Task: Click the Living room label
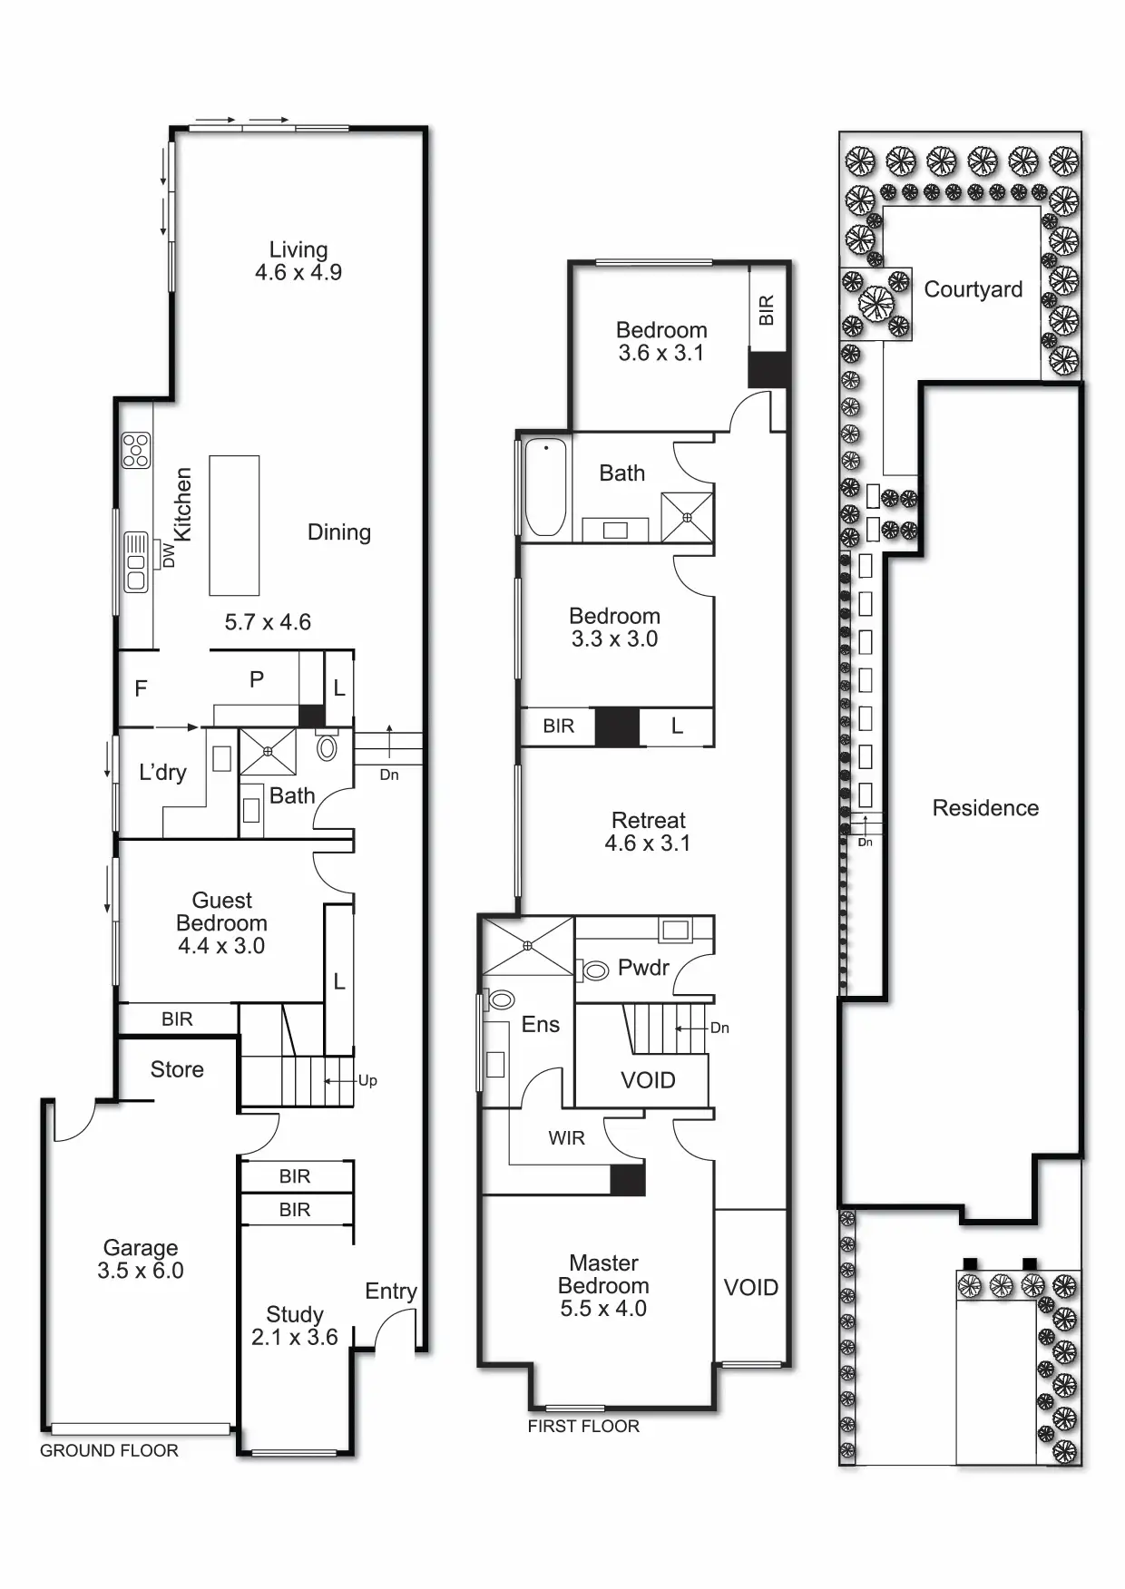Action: point(298,249)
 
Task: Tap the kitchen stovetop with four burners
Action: point(136,450)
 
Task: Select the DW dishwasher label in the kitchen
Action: point(169,554)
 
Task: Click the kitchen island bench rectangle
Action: point(234,525)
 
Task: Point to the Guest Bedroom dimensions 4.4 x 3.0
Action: point(221,946)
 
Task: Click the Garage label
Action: point(141,1248)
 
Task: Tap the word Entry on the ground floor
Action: point(391,1291)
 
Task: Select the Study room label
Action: point(295,1314)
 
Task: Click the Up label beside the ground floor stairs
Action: point(367,1080)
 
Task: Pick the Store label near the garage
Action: point(177,1069)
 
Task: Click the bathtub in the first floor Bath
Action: point(545,487)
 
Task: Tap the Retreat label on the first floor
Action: point(649,820)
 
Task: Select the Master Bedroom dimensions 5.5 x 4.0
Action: point(603,1309)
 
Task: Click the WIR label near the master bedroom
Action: point(566,1138)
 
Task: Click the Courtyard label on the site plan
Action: point(973,289)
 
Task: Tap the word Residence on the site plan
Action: point(985,808)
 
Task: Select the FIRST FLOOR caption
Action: point(583,1427)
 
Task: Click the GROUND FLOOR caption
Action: point(109,1451)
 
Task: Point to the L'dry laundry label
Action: point(162,773)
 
